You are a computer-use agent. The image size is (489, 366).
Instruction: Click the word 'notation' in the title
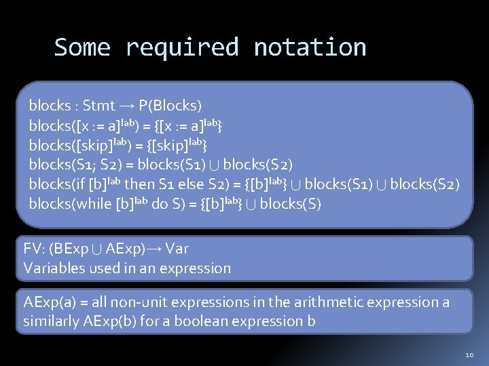310,47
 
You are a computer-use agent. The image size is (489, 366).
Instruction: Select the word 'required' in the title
182,47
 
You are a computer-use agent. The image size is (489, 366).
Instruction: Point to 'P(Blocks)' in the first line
170,106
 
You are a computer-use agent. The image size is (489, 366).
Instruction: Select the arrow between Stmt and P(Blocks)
127,106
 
